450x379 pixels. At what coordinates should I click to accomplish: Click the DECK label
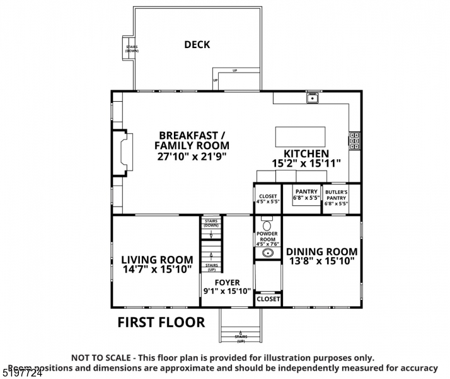(197, 45)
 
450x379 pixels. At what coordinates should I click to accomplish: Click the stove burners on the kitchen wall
(355, 141)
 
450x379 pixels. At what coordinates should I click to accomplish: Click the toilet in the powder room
(266, 225)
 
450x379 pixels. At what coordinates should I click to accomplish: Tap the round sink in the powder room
(267, 253)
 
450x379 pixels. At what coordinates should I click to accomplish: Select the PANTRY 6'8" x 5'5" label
(306, 195)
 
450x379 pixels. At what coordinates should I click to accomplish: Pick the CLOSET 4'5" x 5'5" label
(267, 199)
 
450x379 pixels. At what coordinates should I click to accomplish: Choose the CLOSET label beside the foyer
(268, 299)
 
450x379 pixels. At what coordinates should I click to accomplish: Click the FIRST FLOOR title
(161, 322)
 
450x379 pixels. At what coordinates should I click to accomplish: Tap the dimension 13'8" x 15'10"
(321, 260)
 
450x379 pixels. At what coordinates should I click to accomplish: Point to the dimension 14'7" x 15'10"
(157, 270)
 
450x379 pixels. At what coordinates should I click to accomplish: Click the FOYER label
(227, 282)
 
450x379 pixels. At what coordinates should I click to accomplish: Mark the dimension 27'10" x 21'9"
(193, 155)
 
